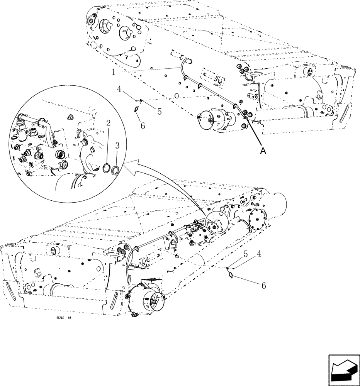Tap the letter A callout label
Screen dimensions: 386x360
pyautogui.click(x=263, y=151)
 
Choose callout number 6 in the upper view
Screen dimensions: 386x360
pyautogui.click(x=143, y=126)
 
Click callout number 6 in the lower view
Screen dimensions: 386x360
pyautogui.click(x=263, y=286)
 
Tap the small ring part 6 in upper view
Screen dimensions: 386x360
pyautogui.click(x=137, y=110)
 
